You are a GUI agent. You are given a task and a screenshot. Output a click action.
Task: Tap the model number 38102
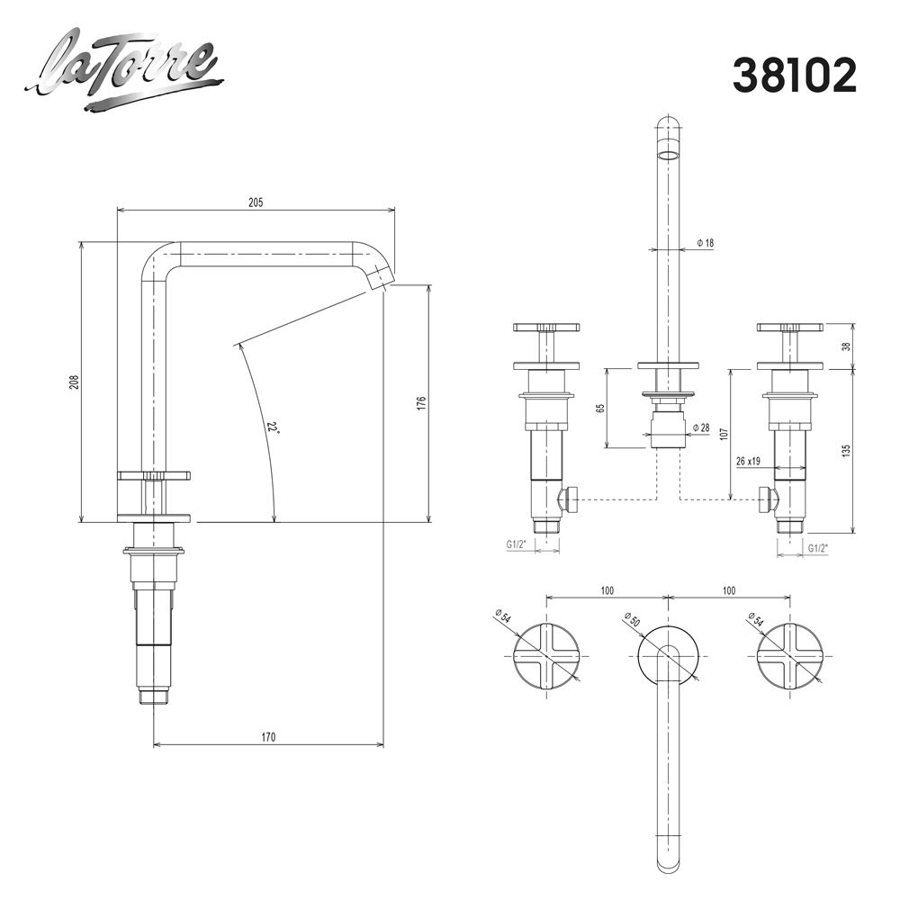795,76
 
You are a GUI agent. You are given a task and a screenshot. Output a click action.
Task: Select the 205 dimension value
256,202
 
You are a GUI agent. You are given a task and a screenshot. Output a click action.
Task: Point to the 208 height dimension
74,382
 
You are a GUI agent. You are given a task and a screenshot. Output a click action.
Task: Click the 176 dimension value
421,403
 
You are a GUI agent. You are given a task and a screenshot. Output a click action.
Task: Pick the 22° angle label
274,427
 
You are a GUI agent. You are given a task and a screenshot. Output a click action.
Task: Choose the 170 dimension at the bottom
268,737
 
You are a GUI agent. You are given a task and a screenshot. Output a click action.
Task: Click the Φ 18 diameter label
706,243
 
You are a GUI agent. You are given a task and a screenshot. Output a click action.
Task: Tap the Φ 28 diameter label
701,427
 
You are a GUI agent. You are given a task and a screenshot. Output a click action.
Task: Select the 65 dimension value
600,408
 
